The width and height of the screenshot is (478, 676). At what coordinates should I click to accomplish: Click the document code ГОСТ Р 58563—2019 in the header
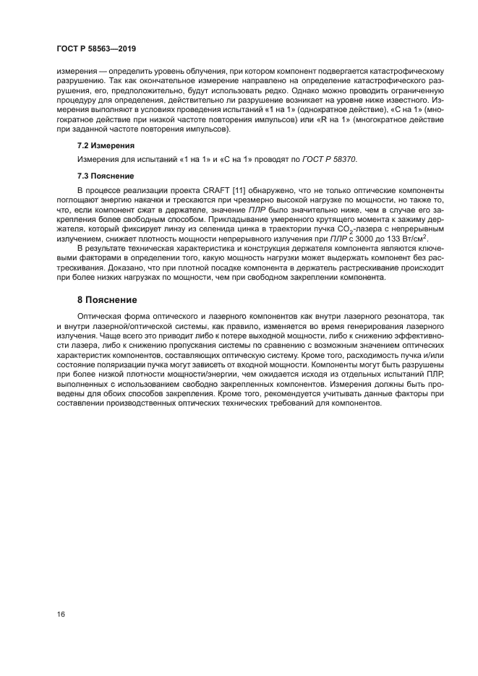pyautogui.click(x=96, y=49)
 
